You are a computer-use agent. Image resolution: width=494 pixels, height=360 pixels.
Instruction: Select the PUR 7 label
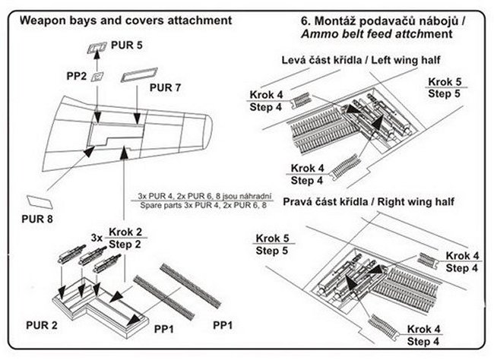[x=166, y=88]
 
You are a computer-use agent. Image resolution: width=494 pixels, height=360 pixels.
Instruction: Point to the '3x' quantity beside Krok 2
[x=95, y=237]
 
